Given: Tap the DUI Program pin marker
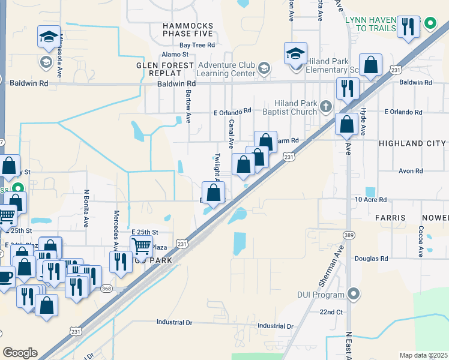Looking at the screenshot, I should [354, 294].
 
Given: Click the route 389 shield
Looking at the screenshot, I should [348, 234].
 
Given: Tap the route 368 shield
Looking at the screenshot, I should [106, 289].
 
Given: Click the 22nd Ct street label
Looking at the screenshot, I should [331, 313].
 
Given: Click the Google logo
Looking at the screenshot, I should [20, 352].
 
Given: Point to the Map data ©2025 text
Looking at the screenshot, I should [423, 355].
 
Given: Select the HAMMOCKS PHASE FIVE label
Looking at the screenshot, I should [188, 30].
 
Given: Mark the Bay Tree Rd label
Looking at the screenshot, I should [197, 45].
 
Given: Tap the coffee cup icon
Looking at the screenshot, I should [4, 277].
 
